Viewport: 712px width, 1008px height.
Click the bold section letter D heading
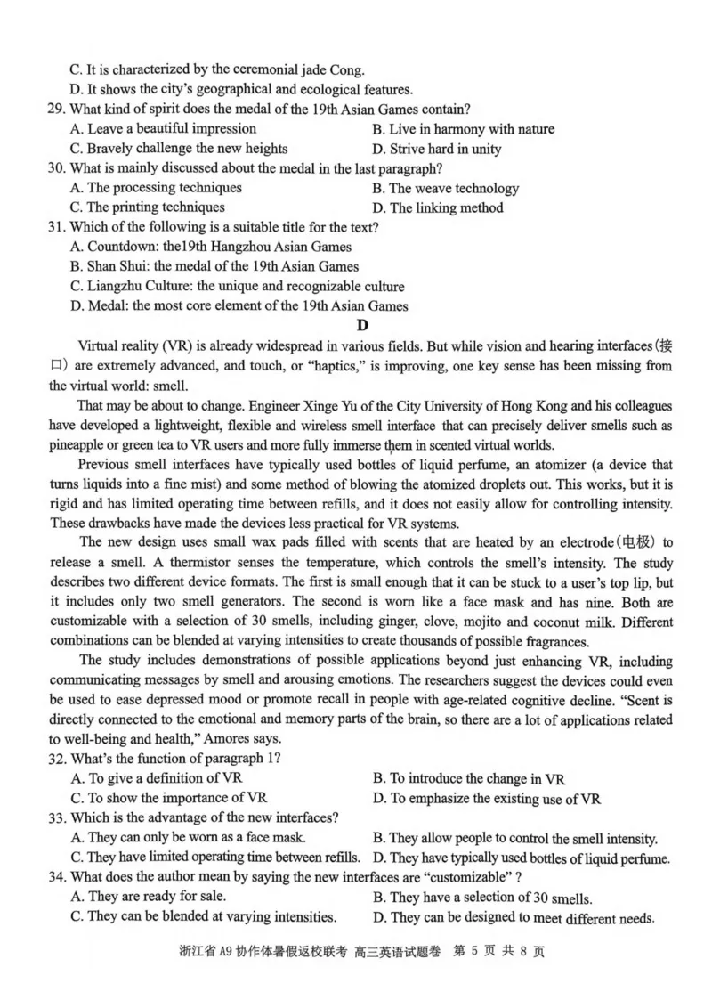(x=360, y=325)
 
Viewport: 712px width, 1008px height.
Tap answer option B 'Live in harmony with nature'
(x=463, y=129)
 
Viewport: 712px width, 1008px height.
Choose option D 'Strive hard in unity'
(x=436, y=149)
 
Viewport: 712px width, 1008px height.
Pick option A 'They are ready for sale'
(x=148, y=897)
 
